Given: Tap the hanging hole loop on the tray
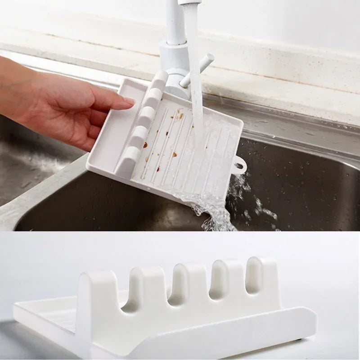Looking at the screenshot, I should pyautogui.click(x=239, y=165).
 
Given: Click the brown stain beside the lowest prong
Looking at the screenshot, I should pyautogui.click(x=145, y=145).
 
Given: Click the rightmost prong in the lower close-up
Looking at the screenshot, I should pyautogui.click(x=259, y=279).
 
